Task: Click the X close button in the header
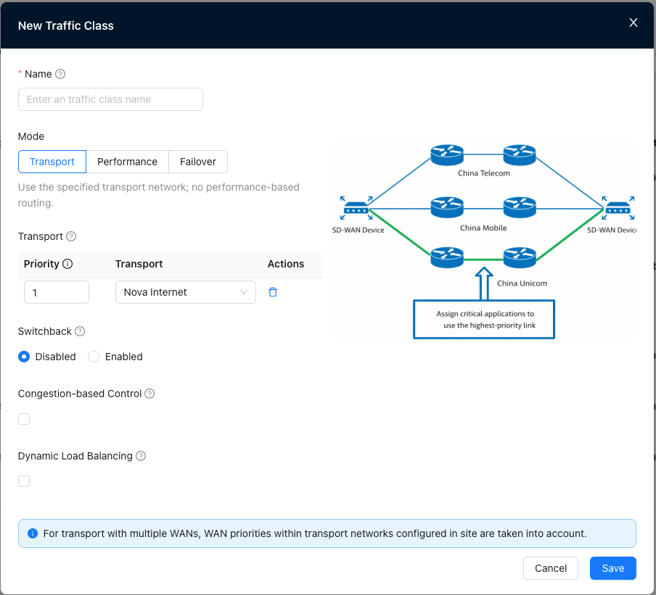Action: [x=633, y=22]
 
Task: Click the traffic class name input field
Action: [x=110, y=99]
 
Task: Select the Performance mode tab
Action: [x=127, y=162]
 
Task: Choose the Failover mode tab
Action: [x=198, y=162]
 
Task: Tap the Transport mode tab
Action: [x=52, y=162]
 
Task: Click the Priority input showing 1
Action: [x=57, y=292]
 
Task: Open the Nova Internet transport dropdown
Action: [x=185, y=292]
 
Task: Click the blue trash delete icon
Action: [x=273, y=292]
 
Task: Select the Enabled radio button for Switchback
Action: [x=94, y=357]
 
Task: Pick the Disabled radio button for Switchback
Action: [x=24, y=357]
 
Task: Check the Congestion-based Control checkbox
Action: [x=24, y=419]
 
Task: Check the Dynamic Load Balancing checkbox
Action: [x=24, y=481]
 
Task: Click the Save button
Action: [x=613, y=568]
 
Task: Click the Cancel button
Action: [x=551, y=568]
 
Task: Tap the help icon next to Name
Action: [x=60, y=74]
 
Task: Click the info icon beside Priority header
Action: [x=67, y=264]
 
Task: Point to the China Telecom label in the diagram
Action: [x=483, y=173]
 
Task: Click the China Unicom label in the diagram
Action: [x=522, y=283]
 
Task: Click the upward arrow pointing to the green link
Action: [x=483, y=283]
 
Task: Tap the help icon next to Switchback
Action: [x=80, y=331]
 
